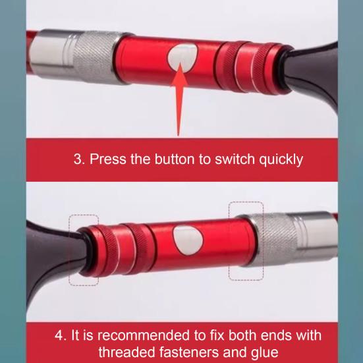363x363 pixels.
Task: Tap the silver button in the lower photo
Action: click(188, 240)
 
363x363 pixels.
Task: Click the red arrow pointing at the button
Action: click(179, 99)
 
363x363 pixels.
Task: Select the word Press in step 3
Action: click(108, 159)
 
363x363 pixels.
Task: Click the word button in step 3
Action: click(175, 159)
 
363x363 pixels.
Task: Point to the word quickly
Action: click(281, 160)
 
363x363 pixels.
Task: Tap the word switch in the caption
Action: click(235, 159)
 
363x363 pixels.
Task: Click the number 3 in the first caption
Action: click(78, 159)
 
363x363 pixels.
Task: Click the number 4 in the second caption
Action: click(59, 335)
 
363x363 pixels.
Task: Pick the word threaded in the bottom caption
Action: click(126, 352)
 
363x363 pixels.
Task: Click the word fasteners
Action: click(189, 352)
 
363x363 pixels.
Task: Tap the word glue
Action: click(265, 353)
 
